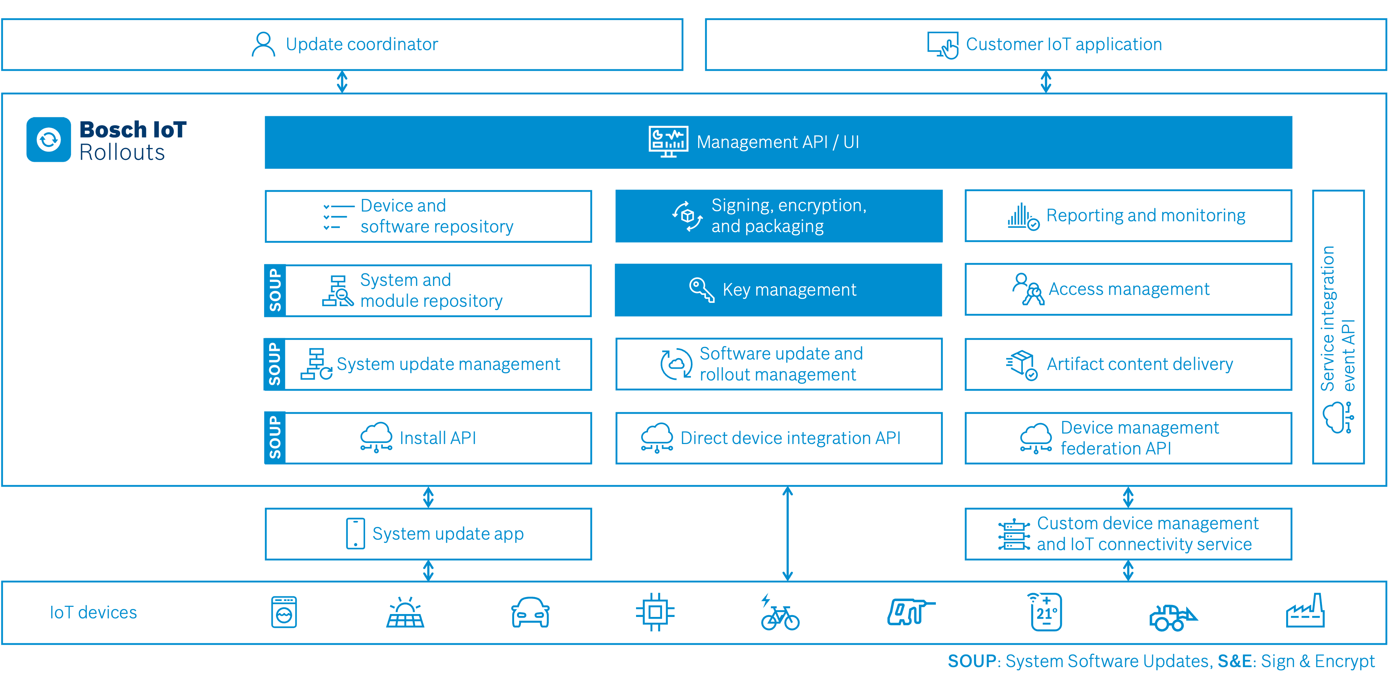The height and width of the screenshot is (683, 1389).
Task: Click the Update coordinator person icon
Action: (263, 44)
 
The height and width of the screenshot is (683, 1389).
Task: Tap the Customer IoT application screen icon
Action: (942, 44)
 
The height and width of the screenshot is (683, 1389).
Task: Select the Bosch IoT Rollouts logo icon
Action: (49, 140)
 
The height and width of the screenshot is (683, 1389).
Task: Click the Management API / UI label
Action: (777, 142)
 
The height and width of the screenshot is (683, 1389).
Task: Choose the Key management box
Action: (778, 290)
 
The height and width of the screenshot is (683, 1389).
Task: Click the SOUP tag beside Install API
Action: (275, 438)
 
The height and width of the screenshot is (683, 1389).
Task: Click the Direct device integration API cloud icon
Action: (656, 438)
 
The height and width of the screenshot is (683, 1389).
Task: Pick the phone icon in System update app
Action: (355, 534)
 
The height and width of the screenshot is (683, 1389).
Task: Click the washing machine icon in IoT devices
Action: (284, 612)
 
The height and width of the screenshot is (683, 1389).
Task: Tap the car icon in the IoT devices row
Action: (530, 612)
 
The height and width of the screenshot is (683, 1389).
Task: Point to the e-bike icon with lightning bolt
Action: (779, 613)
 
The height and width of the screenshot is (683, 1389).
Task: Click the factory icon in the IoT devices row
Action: (1305, 612)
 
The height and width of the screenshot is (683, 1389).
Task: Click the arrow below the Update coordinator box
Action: (342, 82)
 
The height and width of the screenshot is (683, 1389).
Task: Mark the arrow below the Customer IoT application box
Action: (1046, 82)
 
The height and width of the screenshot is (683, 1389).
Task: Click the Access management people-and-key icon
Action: (1028, 290)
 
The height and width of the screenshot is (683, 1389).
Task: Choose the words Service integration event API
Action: (1337, 318)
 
